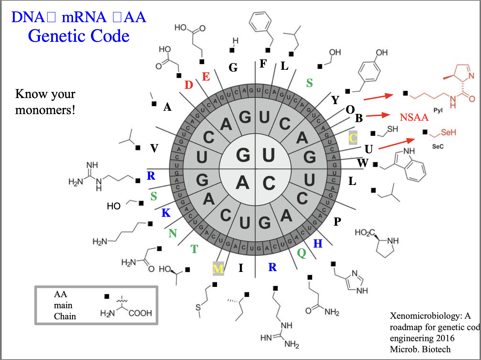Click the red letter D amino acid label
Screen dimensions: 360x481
pos(189,85)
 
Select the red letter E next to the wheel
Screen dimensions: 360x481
pos(206,77)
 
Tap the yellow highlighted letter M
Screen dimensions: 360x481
pos(218,269)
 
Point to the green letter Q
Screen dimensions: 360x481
pos(302,253)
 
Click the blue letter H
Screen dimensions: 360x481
pos(318,244)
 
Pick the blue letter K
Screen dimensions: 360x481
pos(166,213)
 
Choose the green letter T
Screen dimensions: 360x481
pos(194,249)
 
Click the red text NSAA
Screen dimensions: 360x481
pos(414,117)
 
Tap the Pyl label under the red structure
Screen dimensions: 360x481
pos(438,110)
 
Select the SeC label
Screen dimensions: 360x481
pos(438,146)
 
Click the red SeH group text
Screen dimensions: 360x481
pos(448,132)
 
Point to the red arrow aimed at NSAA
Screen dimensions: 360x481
pos(378,115)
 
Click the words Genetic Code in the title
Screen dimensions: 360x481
pos(79,36)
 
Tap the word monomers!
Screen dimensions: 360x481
pos(45,110)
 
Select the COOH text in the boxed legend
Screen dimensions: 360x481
pos(140,313)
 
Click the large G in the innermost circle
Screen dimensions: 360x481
pos(243,155)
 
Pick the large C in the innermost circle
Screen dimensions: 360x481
pos(269,183)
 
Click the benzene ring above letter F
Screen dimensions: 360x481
pos(260,22)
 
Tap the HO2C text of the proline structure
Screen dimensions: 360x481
pos(365,233)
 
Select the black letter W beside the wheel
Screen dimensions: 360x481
pos(363,163)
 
